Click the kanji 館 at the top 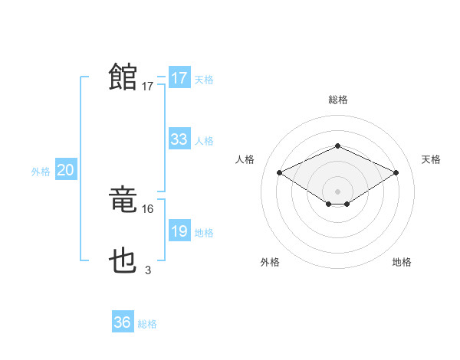(x=123, y=77)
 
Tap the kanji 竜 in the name (x=123, y=201)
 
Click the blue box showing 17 (x=179, y=78)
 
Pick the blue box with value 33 (x=179, y=139)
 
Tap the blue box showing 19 (x=179, y=231)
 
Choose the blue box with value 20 (x=65, y=171)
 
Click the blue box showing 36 (x=123, y=322)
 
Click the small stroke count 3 (x=148, y=270)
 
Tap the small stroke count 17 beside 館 (x=148, y=87)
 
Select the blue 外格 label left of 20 (x=41, y=172)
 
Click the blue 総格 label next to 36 (x=147, y=324)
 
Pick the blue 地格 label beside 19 (x=204, y=233)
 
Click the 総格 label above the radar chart (x=337, y=100)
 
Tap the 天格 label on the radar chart (x=431, y=159)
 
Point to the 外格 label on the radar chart (x=270, y=263)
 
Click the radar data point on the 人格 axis (x=280, y=173)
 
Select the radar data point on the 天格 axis (x=396, y=173)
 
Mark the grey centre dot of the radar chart (x=337, y=191)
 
